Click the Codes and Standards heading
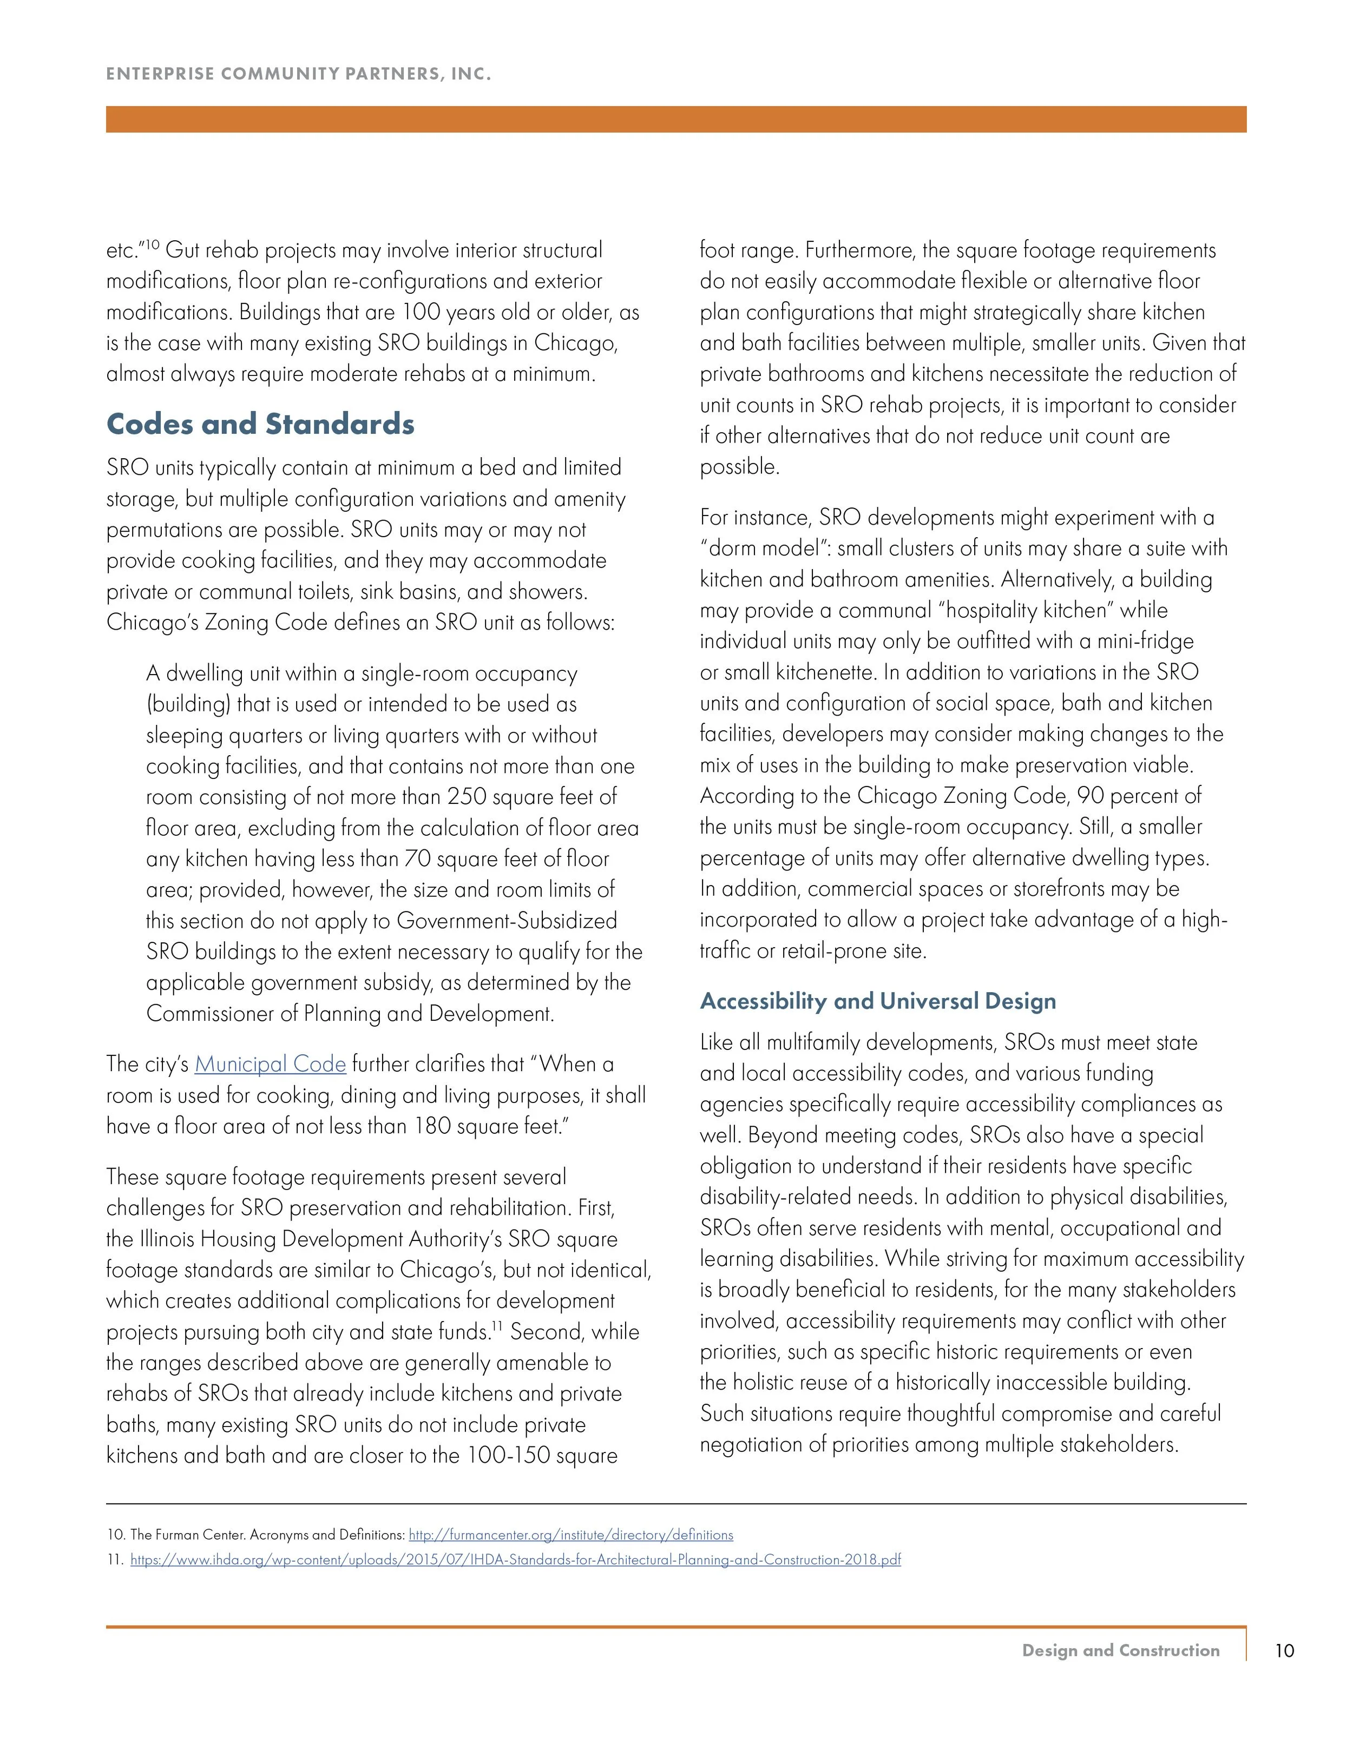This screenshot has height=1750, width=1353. click(x=260, y=424)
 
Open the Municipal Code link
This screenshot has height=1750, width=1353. click(x=270, y=1064)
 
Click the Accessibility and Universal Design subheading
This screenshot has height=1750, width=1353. click(x=878, y=1001)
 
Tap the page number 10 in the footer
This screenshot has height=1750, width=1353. click(x=1284, y=1650)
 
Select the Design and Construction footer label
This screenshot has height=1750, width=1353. click(x=1120, y=1650)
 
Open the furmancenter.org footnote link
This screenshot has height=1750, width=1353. click(x=571, y=1535)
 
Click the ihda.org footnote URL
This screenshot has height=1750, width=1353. click(x=515, y=1559)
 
